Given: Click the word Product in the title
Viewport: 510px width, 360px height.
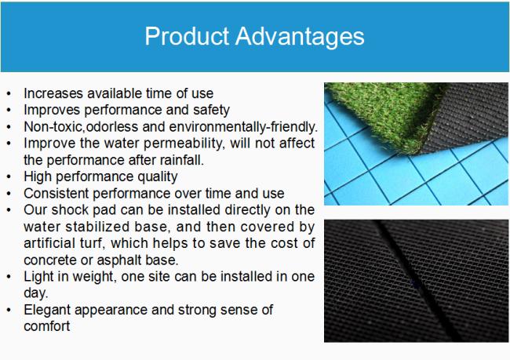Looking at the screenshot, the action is [187, 36].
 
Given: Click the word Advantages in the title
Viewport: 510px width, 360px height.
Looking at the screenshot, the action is [300, 37].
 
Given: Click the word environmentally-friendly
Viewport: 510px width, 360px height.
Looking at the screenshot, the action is [243, 127].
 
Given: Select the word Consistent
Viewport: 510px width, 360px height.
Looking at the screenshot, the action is [56, 194].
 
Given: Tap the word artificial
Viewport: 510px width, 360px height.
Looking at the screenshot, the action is [49, 243].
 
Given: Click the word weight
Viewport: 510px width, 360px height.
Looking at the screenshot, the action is [95, 277].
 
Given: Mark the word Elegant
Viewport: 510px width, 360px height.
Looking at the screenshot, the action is [47, 311].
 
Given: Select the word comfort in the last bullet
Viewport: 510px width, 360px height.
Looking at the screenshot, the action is [47, 326].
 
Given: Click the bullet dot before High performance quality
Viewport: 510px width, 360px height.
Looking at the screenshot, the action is [9, 177].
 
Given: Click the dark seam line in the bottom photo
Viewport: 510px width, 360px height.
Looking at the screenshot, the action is [418, 282].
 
